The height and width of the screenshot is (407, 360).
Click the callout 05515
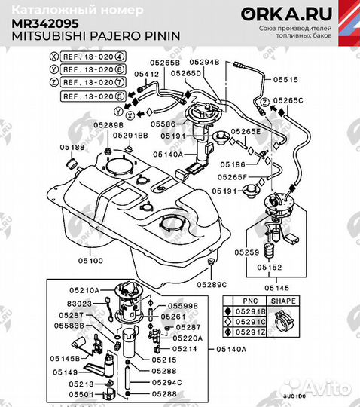coord(285,78)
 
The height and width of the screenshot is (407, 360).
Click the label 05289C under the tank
coord(212,284)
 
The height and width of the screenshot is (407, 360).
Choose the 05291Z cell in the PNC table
coord(250,332)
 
